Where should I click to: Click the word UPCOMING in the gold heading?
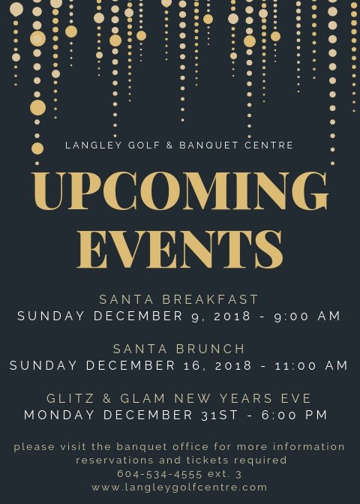(x=180, y=191)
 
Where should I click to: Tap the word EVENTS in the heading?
(x=180, y=250)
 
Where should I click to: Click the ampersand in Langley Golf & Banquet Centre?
(x=169, y=145)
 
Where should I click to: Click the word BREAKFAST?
(x=210, y=299)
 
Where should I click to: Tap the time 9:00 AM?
(x=307, y=316)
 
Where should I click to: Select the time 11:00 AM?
(x=310, y=365)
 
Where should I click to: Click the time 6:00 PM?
(x=294, y=415)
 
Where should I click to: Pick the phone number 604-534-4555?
(x=160, y=474)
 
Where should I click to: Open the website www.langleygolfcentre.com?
(x=179, y=487)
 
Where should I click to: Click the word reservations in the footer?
(x=115, y=460)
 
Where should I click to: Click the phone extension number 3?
(x=238, y=474)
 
